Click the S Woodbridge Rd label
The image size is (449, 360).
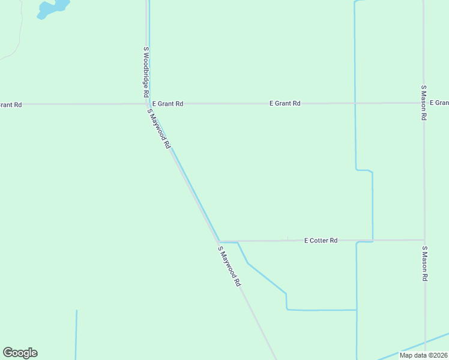coord(145,73)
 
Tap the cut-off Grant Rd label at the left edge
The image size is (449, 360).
coord(10,105)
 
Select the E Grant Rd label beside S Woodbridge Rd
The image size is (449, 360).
coord(167,104)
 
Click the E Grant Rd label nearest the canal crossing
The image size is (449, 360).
coord(285,104)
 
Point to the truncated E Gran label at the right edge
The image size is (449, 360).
coord(439,103)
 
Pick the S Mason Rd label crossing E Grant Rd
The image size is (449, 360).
coord(424,103)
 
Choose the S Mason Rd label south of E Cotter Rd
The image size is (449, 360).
coord(424,264)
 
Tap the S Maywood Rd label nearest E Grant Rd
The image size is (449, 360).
coord(160,128)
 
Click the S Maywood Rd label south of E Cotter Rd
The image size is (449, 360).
coord(229,266)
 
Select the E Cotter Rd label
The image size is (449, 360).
coord(321,241)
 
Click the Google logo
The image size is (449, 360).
coord(20,353)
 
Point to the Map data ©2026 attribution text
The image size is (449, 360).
coord(423,355)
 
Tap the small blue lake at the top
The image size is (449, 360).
coord(52,8)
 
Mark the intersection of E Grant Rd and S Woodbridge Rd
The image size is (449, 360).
coord(148,104)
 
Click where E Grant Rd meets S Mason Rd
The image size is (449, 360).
coord(424,103)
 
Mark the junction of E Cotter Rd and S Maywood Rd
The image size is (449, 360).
coord(218,241)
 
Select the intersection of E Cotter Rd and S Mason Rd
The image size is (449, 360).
coord(424,240)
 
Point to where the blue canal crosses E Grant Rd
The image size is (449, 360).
coord(355,103)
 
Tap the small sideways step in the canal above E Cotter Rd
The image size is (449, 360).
coord(364,170)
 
